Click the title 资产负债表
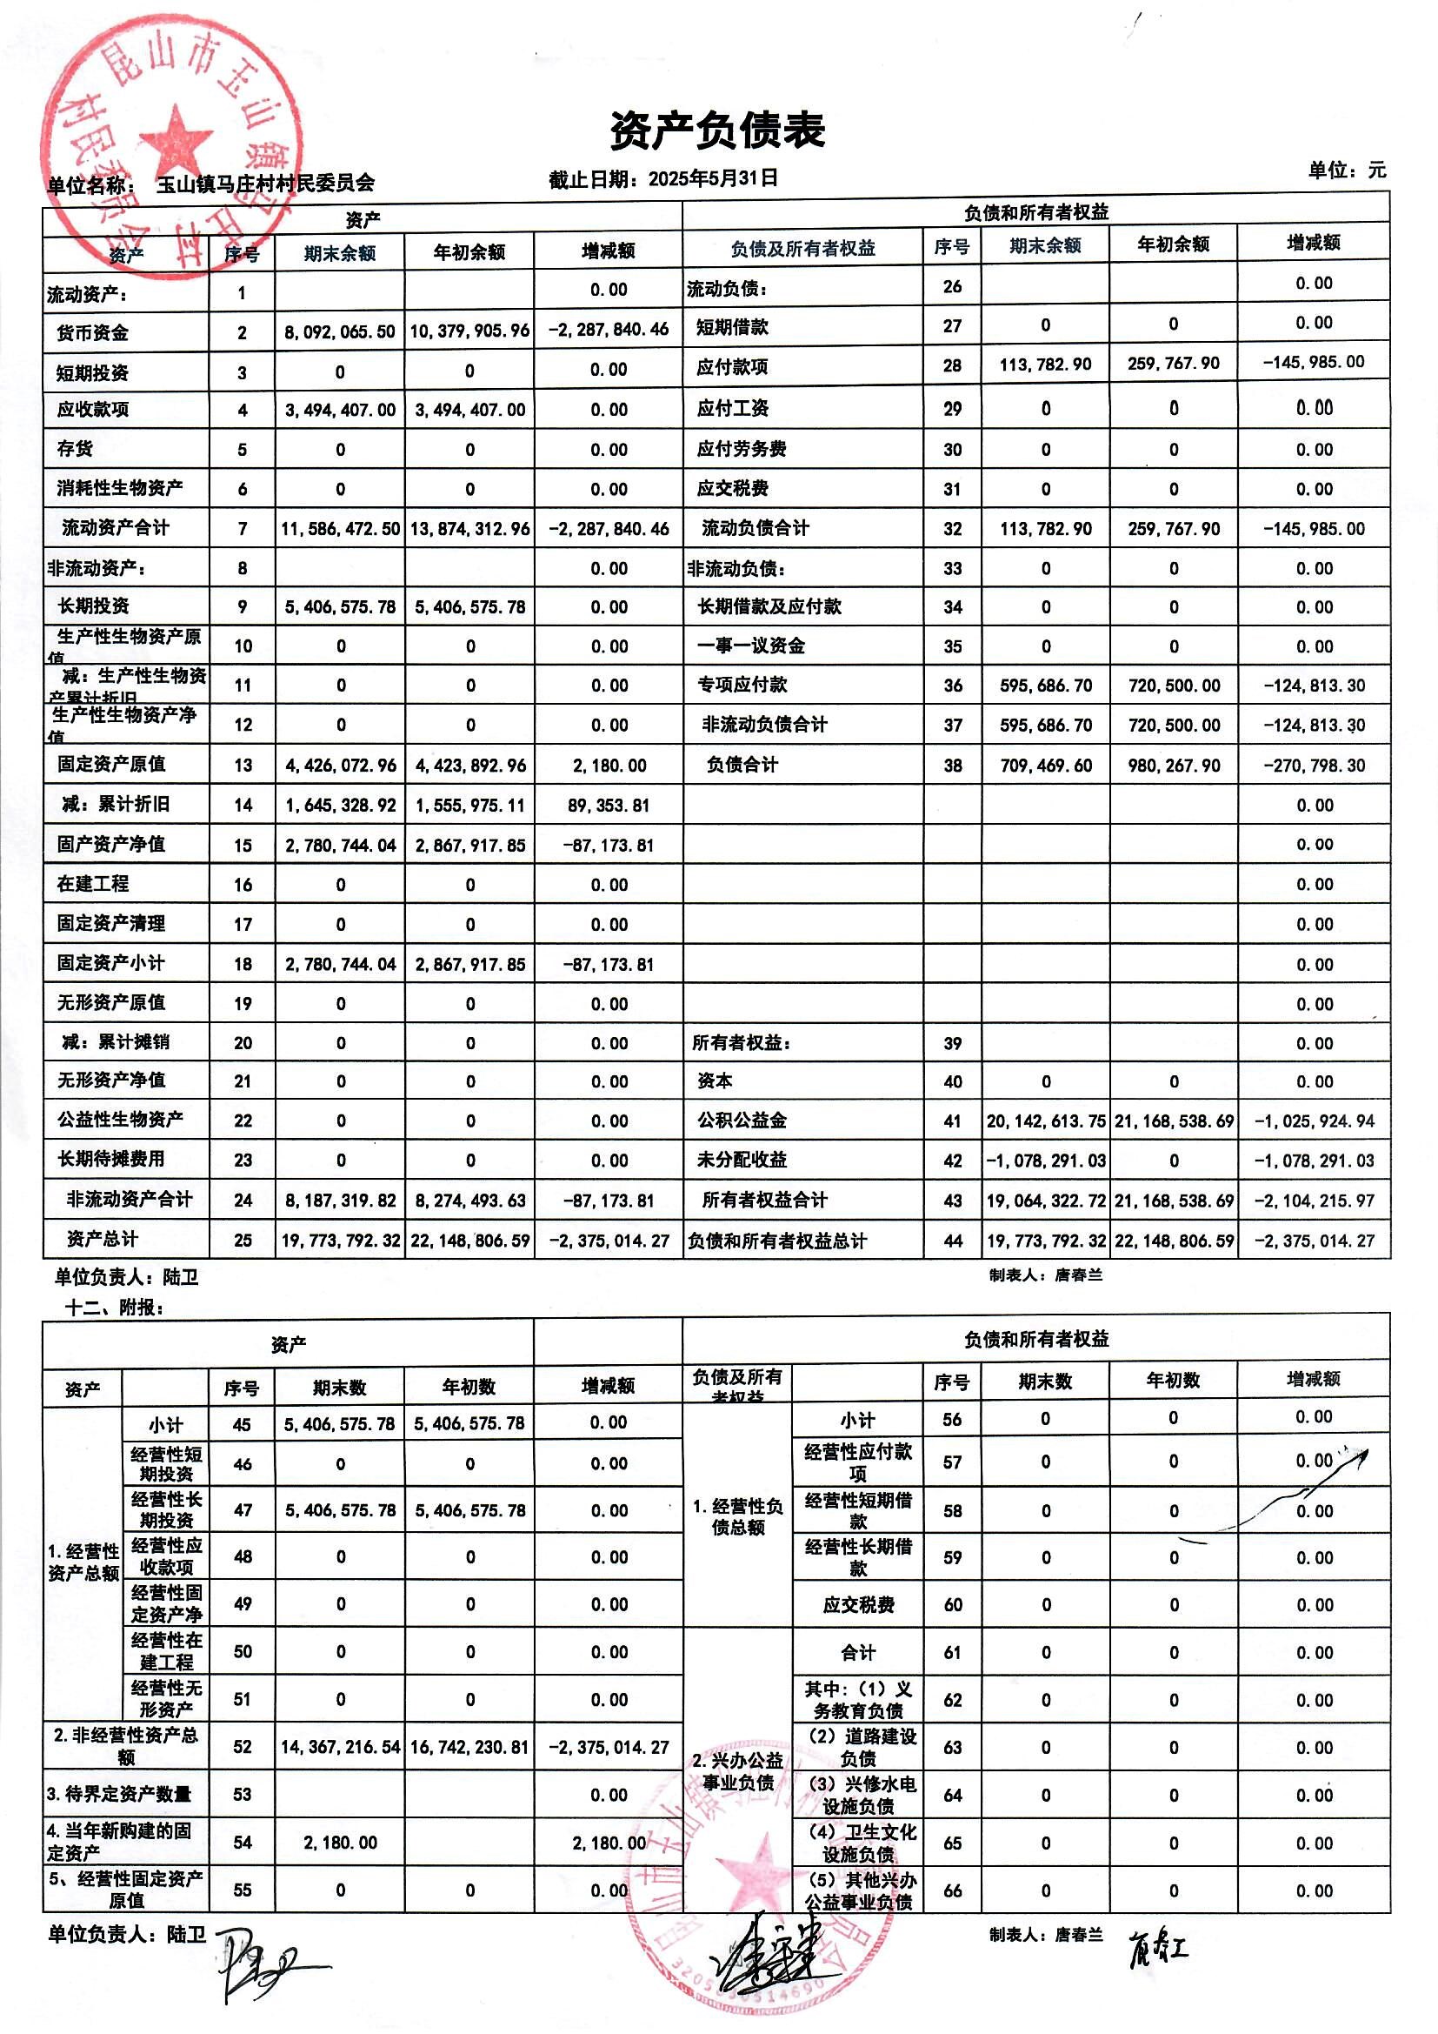coord(717,130)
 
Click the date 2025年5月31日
coord(713,178)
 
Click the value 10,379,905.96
coord(469,331)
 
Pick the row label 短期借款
coord(731,327)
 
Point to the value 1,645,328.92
coord(340,806)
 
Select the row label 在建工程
coord(93,883)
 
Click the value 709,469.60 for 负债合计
coord(1045,766)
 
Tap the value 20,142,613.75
coord(1046,1121)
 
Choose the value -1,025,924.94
coord(1314,1121)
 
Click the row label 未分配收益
coord(741,1160)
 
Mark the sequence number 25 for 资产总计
coord(243,1241)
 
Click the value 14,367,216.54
coord(340,1747)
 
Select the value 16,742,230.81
coord(469,1747)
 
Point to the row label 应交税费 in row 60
coord(858,1604)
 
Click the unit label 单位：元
coord(1347,171)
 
